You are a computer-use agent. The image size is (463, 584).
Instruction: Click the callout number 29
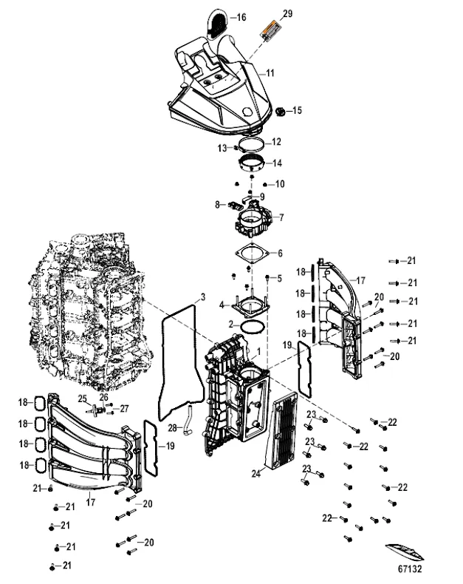288,14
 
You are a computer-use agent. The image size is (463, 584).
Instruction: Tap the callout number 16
241,16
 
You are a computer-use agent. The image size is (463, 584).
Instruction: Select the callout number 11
270,73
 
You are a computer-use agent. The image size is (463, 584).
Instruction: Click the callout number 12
276,141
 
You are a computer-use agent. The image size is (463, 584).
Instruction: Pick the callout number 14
276,163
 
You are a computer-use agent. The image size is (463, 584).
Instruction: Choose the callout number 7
281,217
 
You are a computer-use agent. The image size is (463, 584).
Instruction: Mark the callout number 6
280,253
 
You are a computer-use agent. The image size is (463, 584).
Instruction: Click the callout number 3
202,298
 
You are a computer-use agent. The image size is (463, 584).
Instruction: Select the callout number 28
171,428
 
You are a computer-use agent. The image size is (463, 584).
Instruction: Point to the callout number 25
83,398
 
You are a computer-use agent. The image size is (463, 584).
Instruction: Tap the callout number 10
280,183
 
